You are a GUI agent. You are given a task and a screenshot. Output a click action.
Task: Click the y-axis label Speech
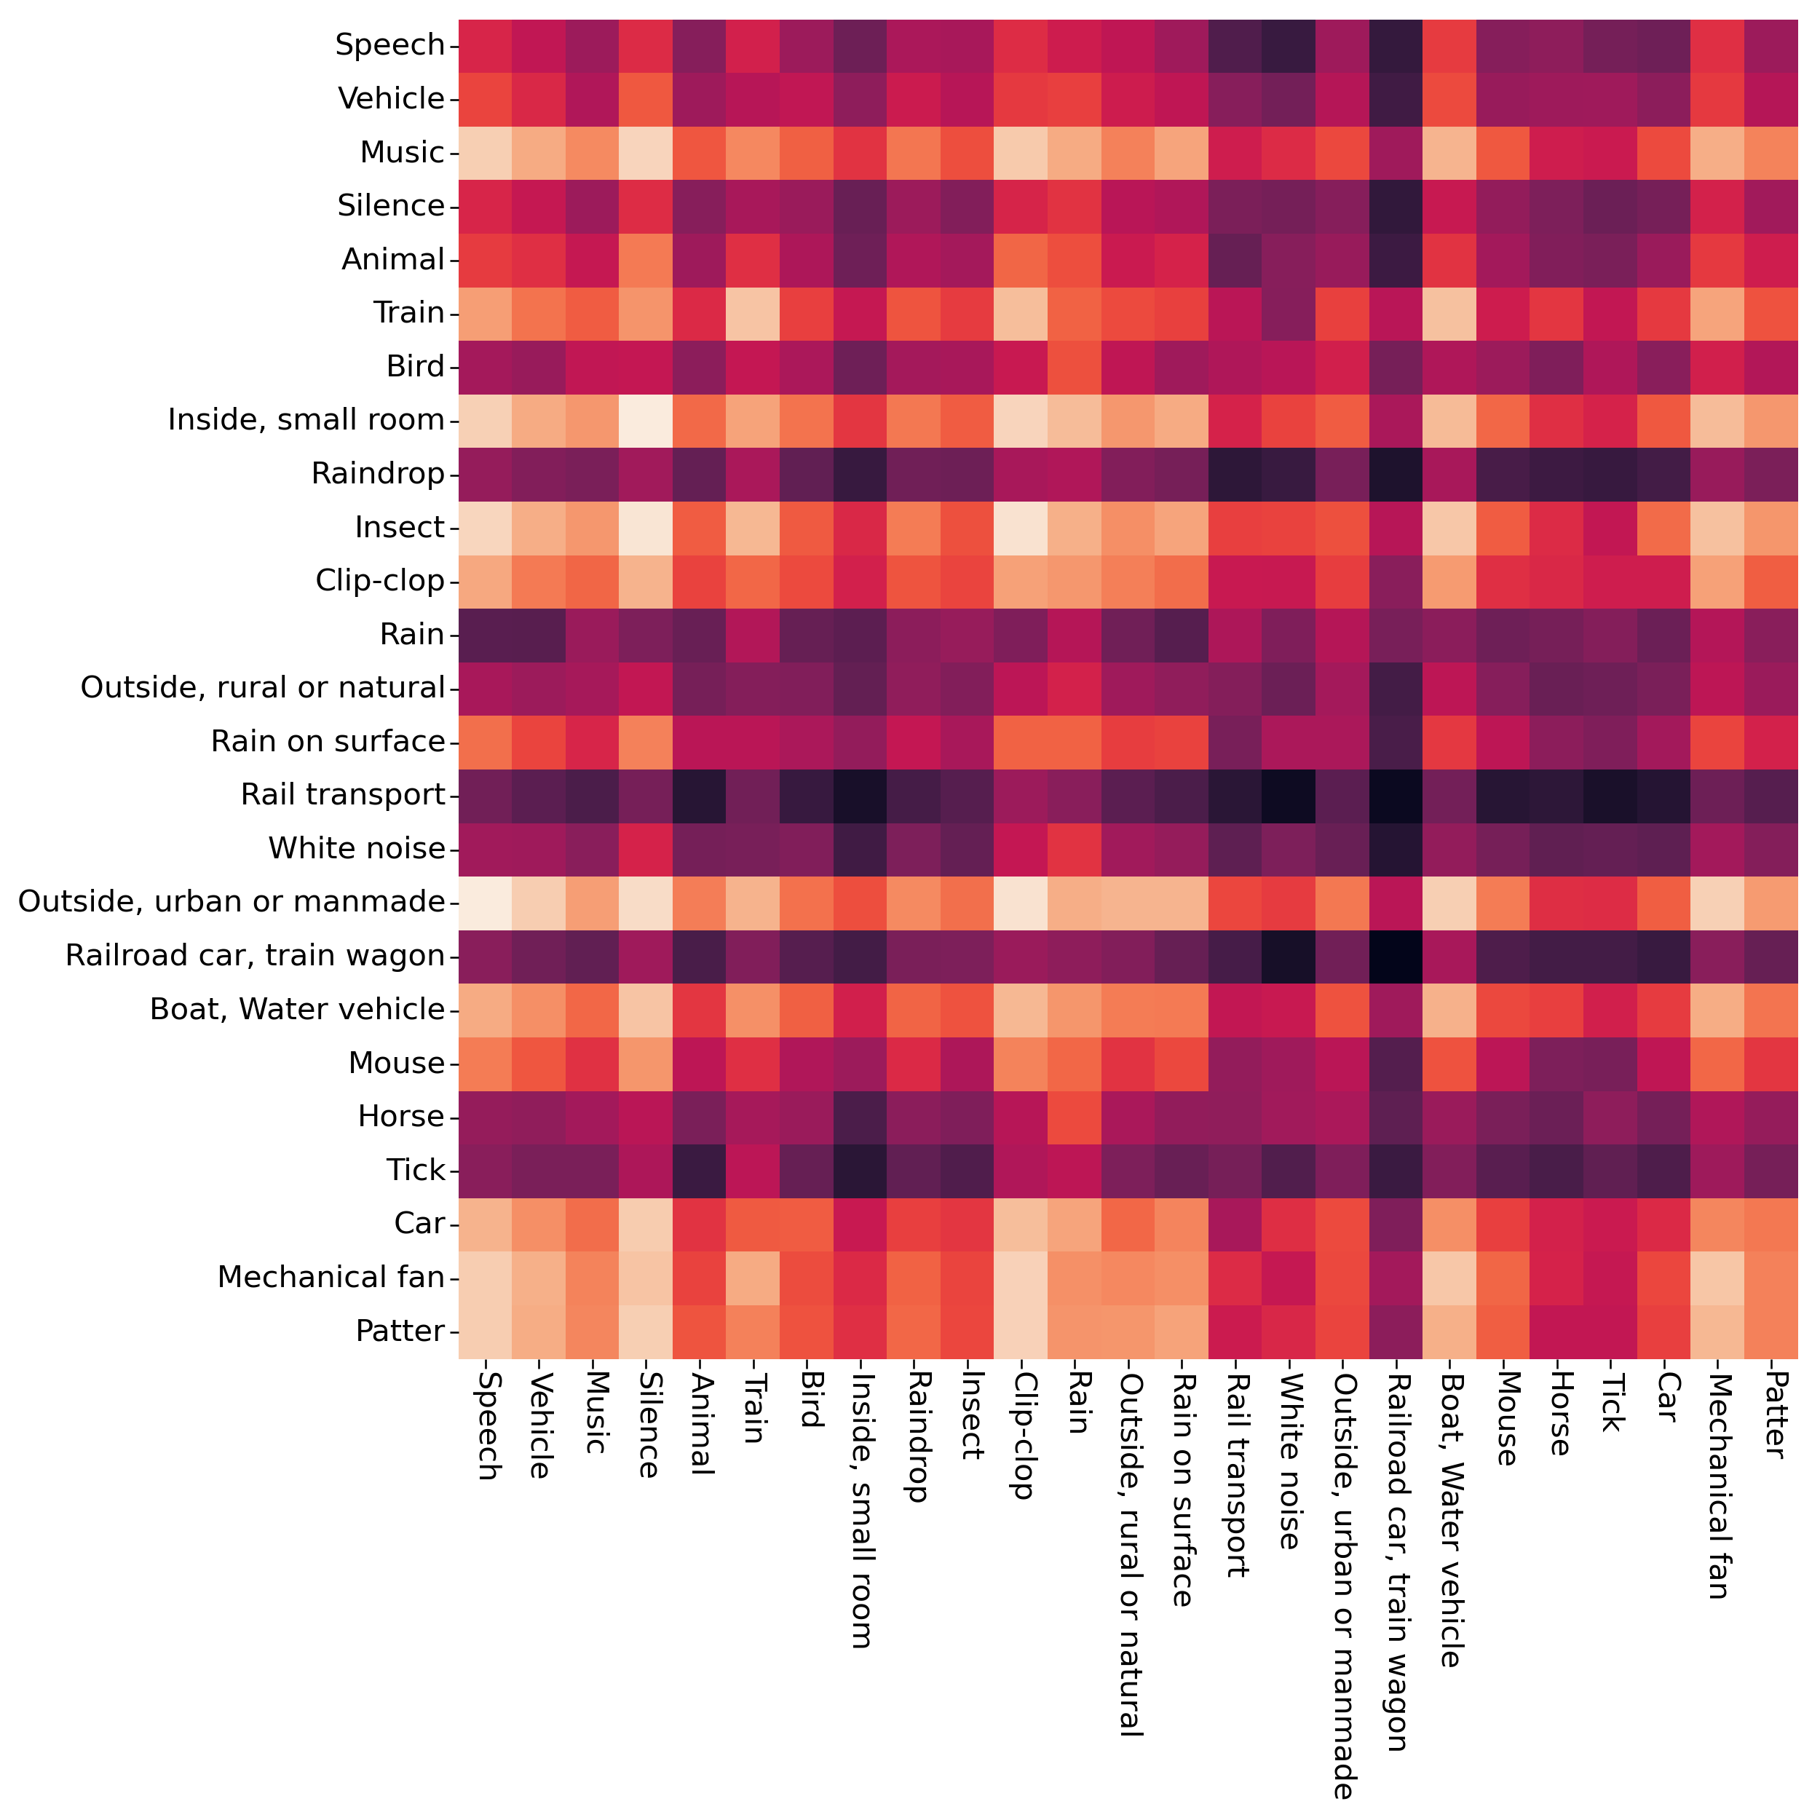pyautogui.click(x=390, y=45)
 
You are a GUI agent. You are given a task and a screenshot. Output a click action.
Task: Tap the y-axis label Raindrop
pyautogui.click(x=378, y=473)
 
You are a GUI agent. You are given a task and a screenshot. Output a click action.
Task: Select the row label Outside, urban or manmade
pyautogui.click(x=232, y=901)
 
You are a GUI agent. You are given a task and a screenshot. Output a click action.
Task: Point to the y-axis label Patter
pyautogui.click(x=400, y=1331)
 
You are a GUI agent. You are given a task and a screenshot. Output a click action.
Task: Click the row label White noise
pyautogui.click(x=357, y=848)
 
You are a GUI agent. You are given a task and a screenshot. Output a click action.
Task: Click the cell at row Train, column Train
pyautogui.click(x=753, y=313)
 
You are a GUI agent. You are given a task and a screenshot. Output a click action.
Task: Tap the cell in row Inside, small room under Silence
pyautogui.click(x=646, y=420)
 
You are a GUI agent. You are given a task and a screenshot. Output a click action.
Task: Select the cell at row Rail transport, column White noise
pyautogui.click(x=1289, y=794)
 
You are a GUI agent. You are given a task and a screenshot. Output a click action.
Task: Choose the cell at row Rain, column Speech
pyautogui.click(x=485, y=634)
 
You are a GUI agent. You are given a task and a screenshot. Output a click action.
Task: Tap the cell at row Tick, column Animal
pyautogui.click(x=700, y=1170)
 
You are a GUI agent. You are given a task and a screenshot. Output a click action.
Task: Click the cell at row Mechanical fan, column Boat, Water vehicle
pyautogui.click(x=1449, y=1278)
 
